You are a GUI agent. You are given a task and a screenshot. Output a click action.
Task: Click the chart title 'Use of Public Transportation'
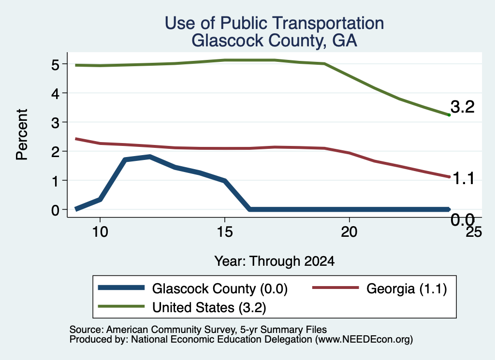point(275,23)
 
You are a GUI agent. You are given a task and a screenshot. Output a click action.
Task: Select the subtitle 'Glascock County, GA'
point(275,41)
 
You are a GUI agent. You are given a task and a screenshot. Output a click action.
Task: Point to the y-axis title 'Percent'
point(22,134)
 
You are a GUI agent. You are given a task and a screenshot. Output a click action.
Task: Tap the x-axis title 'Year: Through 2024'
point(275,261)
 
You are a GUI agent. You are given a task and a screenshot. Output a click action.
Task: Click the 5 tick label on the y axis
point(55,65)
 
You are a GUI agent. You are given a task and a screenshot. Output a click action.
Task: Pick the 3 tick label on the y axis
point(55,123)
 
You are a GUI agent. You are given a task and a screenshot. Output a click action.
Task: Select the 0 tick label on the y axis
point(55,210)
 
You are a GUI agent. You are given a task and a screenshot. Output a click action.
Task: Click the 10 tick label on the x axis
point(100,232)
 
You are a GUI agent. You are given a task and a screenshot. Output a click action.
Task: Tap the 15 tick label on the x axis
point(225,232)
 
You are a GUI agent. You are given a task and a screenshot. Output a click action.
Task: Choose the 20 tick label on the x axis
point(349,232)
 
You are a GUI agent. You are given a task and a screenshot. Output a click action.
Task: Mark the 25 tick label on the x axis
point(474,232)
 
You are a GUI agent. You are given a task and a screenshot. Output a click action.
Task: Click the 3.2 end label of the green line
point(463,107)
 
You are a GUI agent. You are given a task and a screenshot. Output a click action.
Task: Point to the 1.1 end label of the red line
point(464,179)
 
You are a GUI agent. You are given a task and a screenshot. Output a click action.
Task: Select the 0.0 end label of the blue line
point(463,219)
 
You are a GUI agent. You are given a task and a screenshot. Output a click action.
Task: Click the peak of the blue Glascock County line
point(150,157)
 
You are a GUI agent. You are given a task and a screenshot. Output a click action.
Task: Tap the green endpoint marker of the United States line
point(449,115)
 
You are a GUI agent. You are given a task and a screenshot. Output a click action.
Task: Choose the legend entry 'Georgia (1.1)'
point(407,288)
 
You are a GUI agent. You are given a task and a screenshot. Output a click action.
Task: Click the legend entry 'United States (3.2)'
point(209,307)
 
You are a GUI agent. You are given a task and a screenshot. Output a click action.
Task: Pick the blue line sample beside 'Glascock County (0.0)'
point(121,288)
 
